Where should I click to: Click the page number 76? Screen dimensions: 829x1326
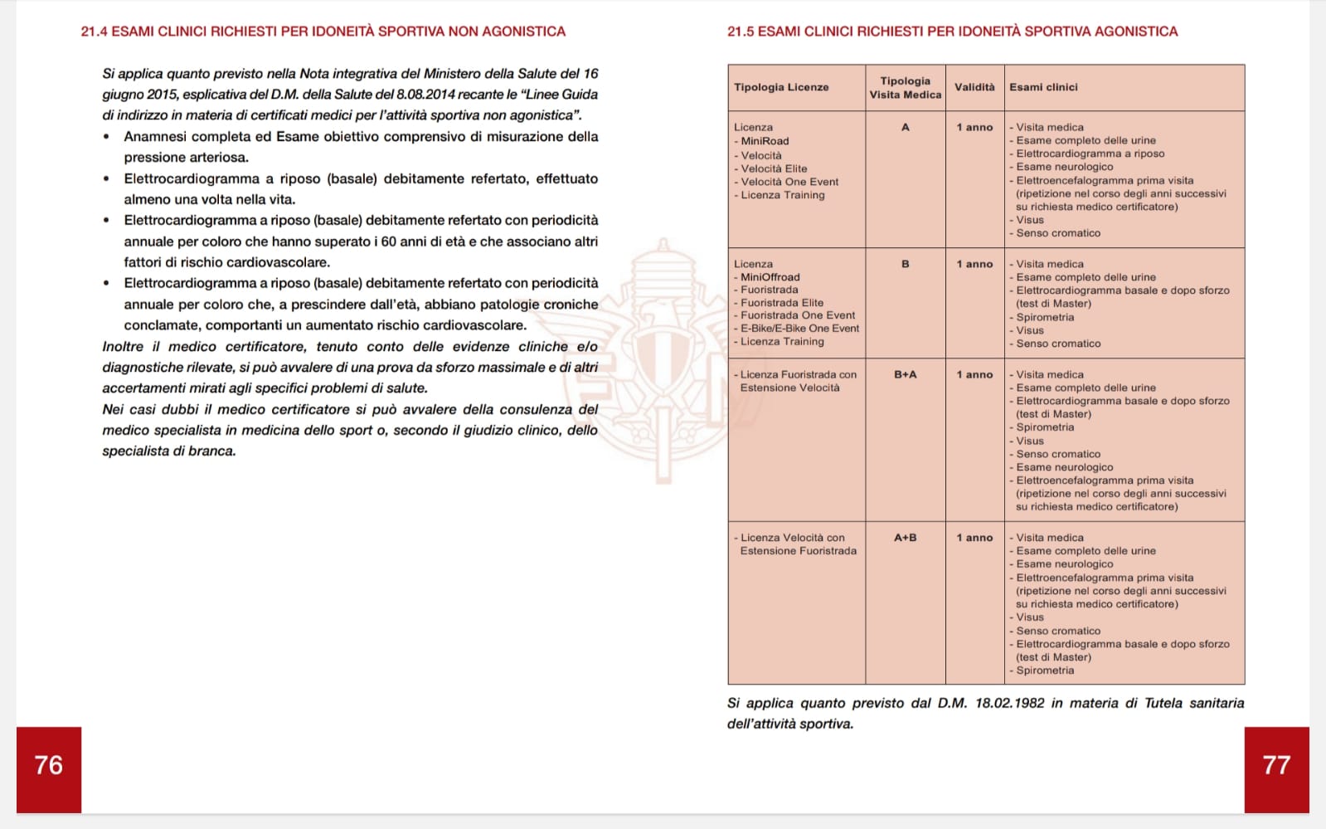coord(48,765)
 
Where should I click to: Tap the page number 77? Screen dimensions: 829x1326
coord(1276,765)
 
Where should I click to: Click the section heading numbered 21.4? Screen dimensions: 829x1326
coord(323,32)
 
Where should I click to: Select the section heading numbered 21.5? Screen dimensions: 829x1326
coord(952,32)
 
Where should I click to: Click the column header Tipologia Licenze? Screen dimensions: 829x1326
coord(781,87)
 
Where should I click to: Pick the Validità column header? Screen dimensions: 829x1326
coord(974,87)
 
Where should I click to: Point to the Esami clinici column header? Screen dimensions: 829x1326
coord(1043,87)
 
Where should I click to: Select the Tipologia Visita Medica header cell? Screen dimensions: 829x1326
coord(905,88)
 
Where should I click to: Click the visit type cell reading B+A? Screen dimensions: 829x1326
coord(905,375)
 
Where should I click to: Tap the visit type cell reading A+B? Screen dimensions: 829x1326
coord(905,538)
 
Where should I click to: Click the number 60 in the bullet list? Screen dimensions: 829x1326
coord(388,241)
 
